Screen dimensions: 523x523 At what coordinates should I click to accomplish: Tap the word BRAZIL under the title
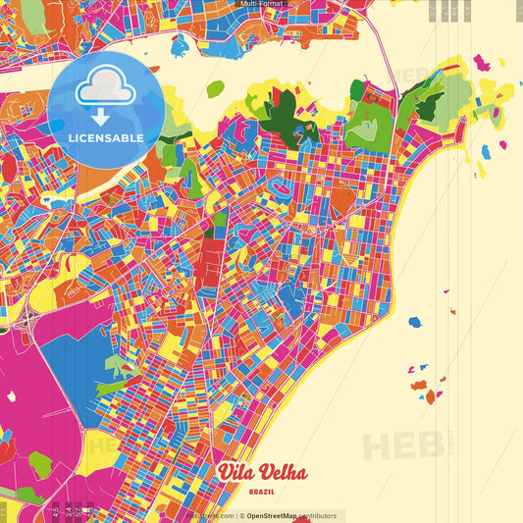(261, 492)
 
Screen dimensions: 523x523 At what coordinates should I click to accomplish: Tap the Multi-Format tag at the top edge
(261, 4)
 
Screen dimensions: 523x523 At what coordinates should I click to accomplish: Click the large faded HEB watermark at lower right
(402, 445)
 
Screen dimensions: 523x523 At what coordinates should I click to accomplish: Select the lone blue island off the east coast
(414, 322)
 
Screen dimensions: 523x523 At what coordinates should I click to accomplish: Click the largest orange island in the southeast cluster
(430, 396)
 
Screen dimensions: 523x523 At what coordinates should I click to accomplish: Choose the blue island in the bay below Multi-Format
(179, 45)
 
